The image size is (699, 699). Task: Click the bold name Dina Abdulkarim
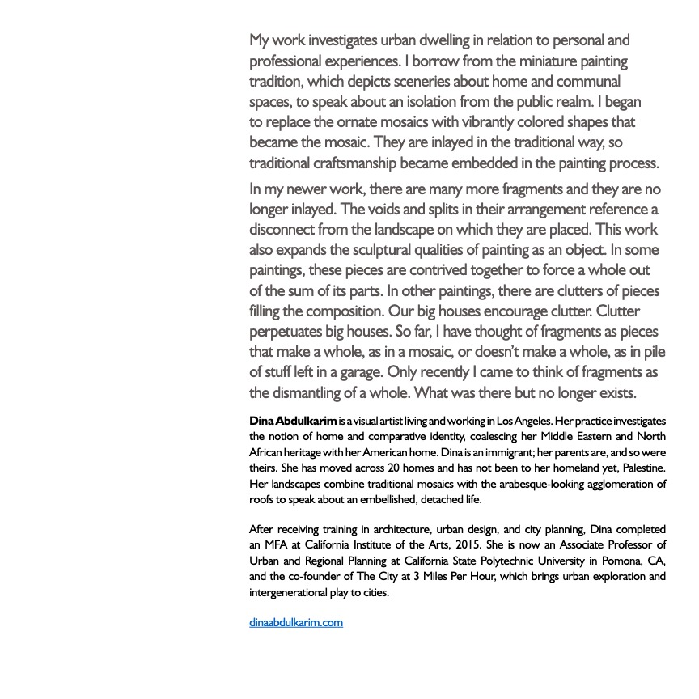tap(293, 422)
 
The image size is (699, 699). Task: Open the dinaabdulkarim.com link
tap(296, 622)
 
